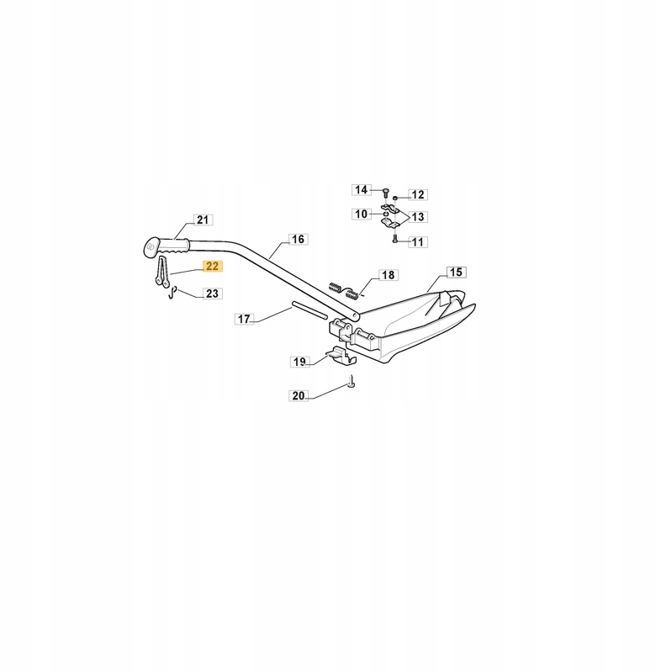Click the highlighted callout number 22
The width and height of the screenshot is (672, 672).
point(211,267)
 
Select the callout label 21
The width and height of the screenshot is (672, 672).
point(202,220)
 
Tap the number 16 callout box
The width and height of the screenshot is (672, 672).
point(297,240)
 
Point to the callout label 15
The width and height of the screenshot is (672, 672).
point(455,273)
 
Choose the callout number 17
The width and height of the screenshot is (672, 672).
point(244,320)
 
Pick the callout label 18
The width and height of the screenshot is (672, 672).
point(387,275)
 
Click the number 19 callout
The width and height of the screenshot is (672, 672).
point(299,362)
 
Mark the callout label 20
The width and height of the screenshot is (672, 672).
point(299,395)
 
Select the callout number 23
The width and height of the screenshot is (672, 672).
point(211,294)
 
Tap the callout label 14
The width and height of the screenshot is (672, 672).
point(361,189)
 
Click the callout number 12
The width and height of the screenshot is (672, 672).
point(418,194)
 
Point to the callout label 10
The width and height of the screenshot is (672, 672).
point(361,214)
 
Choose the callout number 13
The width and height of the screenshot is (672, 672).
point(418,217)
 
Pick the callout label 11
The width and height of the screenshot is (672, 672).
point(418,241)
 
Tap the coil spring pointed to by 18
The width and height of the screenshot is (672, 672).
point(345,288)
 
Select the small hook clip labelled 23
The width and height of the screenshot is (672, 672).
point(170,293)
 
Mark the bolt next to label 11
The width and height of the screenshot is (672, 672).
point(394,240)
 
